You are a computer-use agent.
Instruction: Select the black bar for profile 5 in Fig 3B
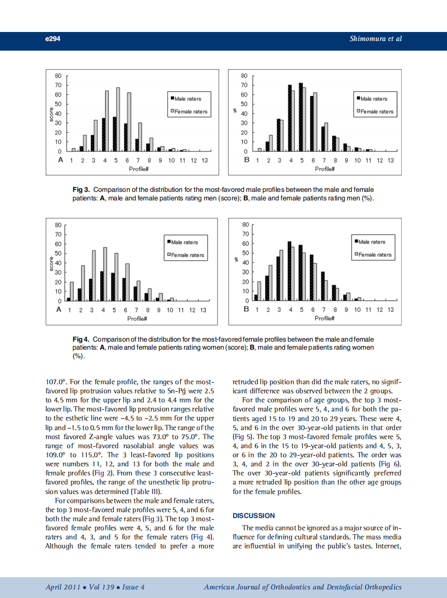tap(301, 117)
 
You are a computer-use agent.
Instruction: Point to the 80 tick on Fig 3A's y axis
tap(58, 76)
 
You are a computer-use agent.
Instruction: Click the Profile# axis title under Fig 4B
tap(324, 318)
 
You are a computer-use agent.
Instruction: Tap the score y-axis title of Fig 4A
tap(50, 263)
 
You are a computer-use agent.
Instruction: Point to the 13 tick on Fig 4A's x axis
tap(203, 310)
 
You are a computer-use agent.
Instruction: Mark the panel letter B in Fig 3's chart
tap(246, 160)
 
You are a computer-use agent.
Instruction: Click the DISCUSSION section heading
tap(254, 515)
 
